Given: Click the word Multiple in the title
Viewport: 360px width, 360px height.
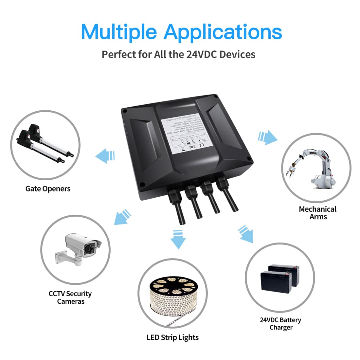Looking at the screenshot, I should [x=119, y=32].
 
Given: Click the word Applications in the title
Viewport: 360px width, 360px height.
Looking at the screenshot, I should [x=223, y=32].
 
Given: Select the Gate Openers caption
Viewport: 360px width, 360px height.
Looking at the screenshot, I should [x=48, y=189].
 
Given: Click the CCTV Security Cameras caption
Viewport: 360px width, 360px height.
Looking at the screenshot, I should [x=70, y=297].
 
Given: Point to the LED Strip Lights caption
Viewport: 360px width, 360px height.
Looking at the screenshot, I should [x=172, y=337].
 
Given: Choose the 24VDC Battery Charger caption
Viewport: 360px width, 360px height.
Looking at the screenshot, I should [x=280, y=324].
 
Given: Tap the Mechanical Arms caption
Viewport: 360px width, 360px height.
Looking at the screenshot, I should [x=317, y=213].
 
